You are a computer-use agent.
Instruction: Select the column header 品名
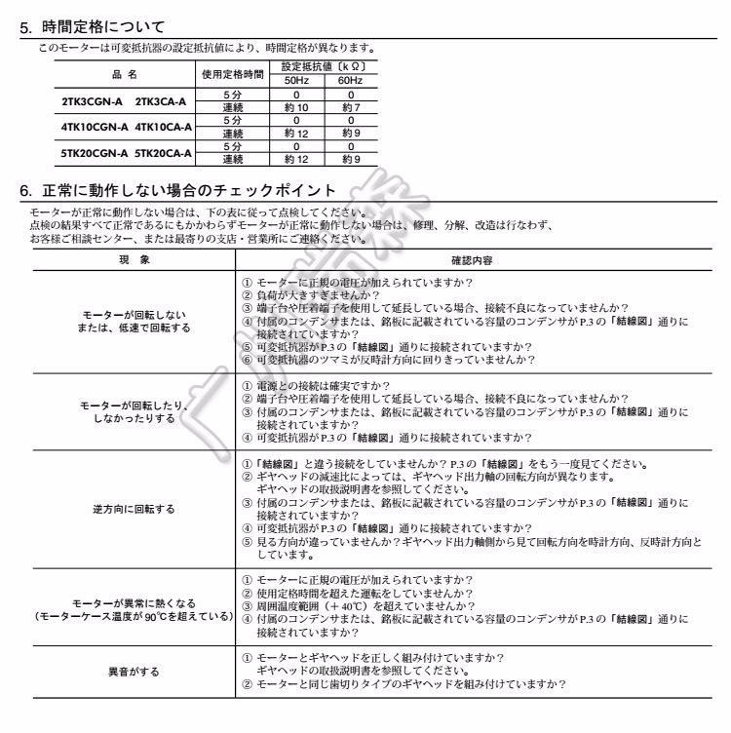pos(125,73)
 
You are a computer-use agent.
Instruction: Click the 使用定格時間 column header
pos(233,73)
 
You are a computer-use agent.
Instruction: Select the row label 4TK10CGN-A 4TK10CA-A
pos(125,127)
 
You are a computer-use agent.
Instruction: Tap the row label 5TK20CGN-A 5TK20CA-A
pos(125,153)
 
